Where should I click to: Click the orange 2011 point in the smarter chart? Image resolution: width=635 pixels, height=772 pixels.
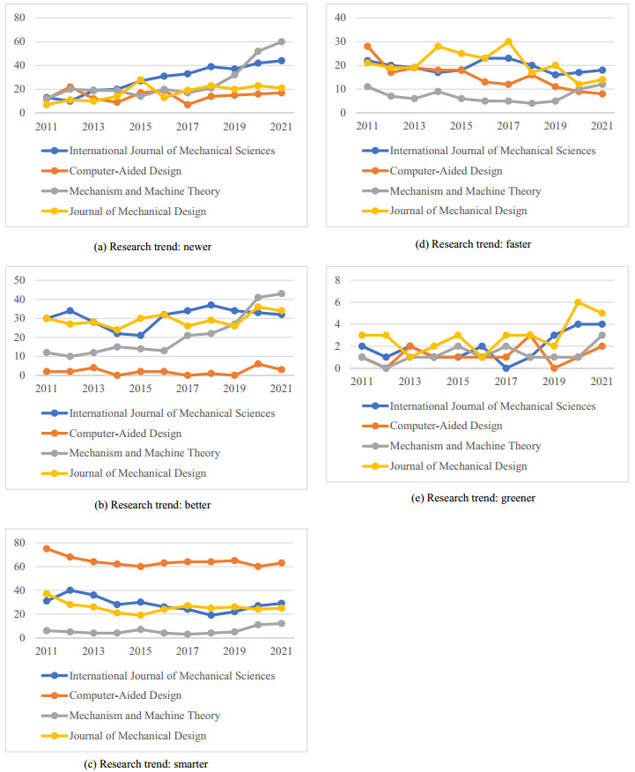(46, 548)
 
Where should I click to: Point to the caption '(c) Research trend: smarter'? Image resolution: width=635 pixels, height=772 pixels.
(154, 764)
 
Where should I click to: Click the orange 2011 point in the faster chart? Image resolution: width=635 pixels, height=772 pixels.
(367, 46)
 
